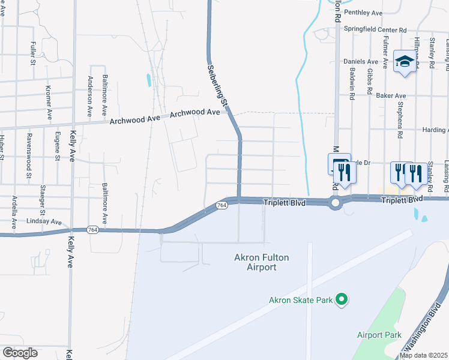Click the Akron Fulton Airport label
[x=261, y=262]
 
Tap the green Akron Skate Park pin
[x=342, y=299]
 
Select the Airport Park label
[x=379, y=335]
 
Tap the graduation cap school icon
[x=405, y=62]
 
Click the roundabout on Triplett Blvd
[x=334, y=203]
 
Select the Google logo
[x=20, y=353]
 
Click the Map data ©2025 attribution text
[x=424, y=355]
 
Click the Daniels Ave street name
[x=361, y=61]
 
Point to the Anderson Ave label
[x=91, y=96]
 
